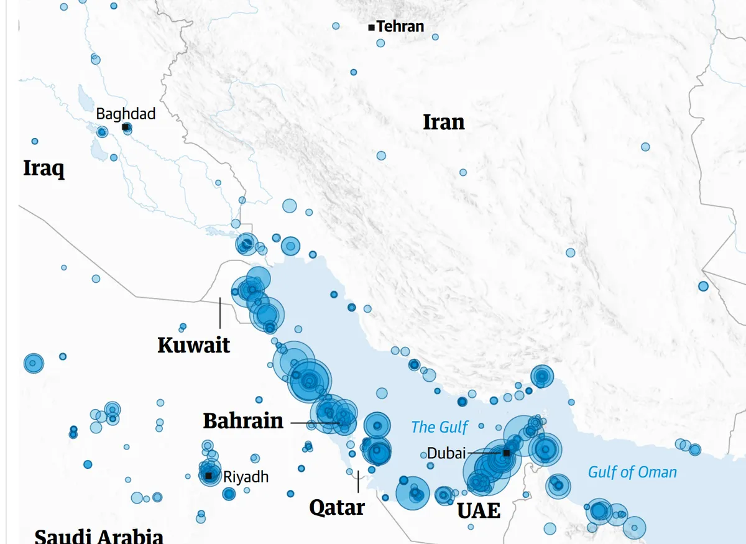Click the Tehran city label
(400, 26)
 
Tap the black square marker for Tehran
(371, 27)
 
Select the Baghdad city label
(126, 114)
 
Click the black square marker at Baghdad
(126, 127)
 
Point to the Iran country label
(443, 122)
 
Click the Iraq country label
(44, 168)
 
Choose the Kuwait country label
(193, 345)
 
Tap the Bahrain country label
(243, 421)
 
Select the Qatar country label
(337, 507)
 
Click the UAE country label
(479, 510)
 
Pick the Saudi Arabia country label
(99, 536)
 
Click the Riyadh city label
(246, 477)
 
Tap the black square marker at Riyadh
(209, 476)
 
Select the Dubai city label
(446, 454)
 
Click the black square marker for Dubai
(507, 453)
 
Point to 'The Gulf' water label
(440, 427)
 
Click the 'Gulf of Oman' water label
(632, 473)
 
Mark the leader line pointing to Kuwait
(219, 313)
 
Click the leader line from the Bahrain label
(314, 423)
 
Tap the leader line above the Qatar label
(358, 481)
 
